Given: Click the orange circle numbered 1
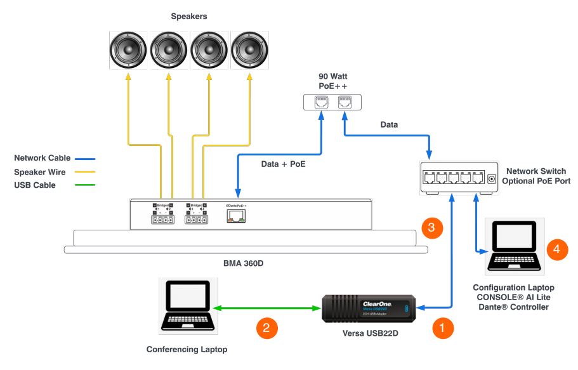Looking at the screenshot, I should pyautogui.click(x=442, y=328).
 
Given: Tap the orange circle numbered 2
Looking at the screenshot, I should pyautogui.click(x=266, y=328).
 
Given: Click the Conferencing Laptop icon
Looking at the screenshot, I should pyautogui.click(x=186, y=306).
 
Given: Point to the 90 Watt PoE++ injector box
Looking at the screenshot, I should pyautogui.click(x=332, y=102).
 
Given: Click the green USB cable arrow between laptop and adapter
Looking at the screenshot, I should pyautogui.click(x=267, y=308).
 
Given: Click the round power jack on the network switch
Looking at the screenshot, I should pyautogui.click(x=491, y=179).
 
